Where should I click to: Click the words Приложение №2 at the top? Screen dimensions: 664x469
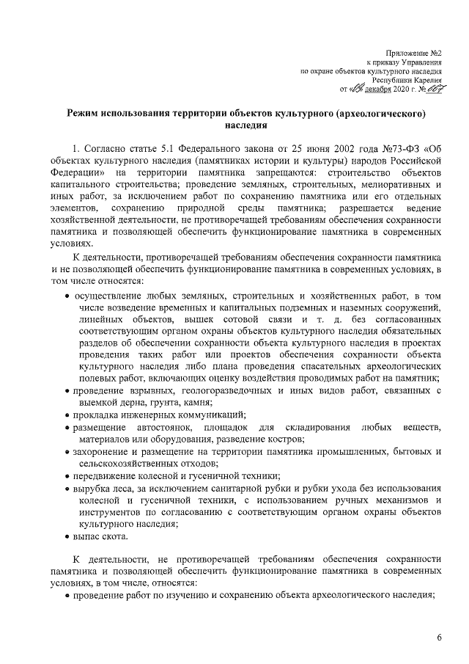[x=415, y=52]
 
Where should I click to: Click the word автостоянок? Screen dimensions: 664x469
[x=167, y=427]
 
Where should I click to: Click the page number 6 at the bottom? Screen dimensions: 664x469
[x=438, y=636]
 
